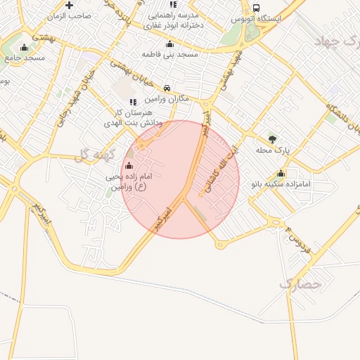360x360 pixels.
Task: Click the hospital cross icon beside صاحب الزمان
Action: point(69,6)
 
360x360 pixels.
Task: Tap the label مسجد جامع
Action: point(25,58)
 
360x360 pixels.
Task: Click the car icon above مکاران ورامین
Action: point(167,89)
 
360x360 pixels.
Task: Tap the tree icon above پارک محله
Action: point(272,139)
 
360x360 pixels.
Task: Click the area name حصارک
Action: point(300,284)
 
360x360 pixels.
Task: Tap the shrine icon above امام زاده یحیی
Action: point(128,166)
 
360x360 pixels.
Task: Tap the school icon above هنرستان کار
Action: point(133,103)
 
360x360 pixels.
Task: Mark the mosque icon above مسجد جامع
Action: point(24,48)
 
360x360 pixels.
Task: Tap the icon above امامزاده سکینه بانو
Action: point(281,174)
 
